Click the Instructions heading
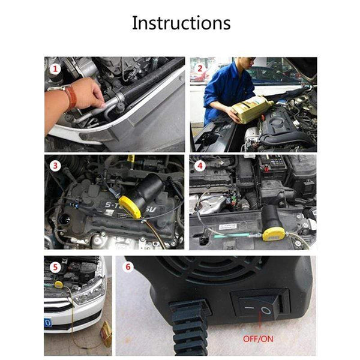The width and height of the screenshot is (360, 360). [181, 23]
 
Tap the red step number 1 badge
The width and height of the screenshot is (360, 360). [56, 69]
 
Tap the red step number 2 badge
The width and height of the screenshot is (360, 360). [200, 68]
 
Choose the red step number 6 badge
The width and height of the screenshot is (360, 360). [128, 266]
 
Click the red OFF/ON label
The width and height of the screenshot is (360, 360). [259, 338]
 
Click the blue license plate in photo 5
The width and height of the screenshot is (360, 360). [47, 323]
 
